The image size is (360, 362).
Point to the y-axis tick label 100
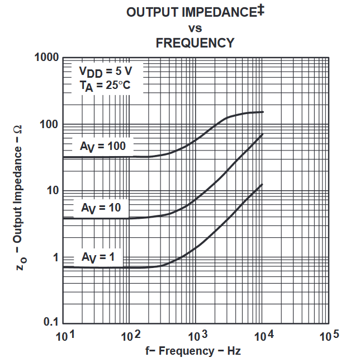click(x=49, y=124)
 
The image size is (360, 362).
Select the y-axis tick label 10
click(x=51, y=190)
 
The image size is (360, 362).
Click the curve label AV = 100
click(x=103, y=147)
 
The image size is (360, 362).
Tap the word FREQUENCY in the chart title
click(x=195, y=42)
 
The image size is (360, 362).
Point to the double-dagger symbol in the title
click(x=261, y=10)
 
